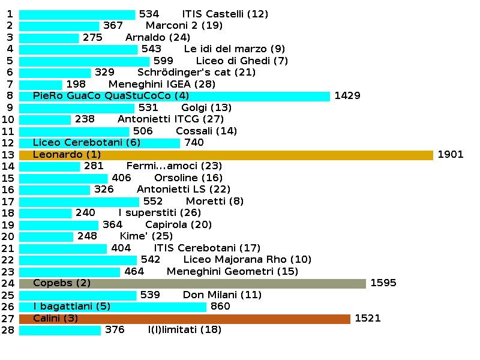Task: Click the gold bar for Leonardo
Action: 226,155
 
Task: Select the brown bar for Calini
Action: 185,319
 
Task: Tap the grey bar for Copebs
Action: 193,283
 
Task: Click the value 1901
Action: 451,155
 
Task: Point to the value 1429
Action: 347,96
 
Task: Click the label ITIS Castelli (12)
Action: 225,14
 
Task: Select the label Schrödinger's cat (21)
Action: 196,73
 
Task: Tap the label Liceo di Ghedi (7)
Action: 242,61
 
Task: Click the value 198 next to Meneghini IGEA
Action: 76,84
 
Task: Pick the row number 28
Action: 7,330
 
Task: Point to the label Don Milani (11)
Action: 222,295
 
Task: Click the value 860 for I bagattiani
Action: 220,307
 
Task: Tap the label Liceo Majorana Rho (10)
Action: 247,260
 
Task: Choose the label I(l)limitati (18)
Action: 185,330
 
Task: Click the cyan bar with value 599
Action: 84,61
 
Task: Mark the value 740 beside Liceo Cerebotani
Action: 194,143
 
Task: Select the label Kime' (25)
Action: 138,236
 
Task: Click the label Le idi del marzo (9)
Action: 235,49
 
